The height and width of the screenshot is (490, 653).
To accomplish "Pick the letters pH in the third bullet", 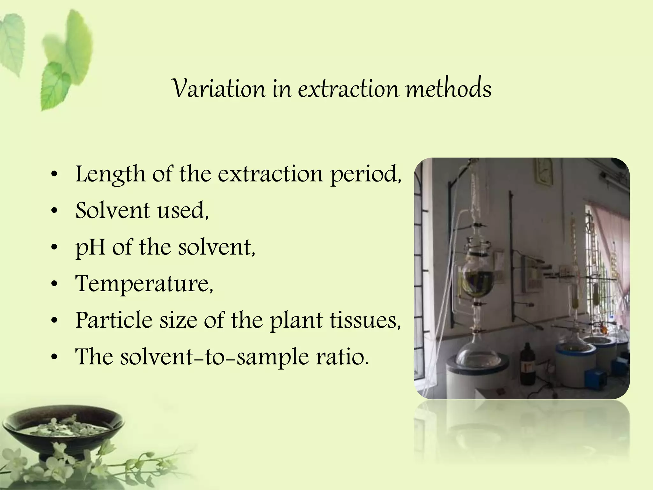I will click(91, 248).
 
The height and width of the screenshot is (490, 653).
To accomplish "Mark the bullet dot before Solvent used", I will click(55, 211).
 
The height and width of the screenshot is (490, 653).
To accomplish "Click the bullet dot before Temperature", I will click(55, 284).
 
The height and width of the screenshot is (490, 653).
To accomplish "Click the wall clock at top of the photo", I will click(544, 171).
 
